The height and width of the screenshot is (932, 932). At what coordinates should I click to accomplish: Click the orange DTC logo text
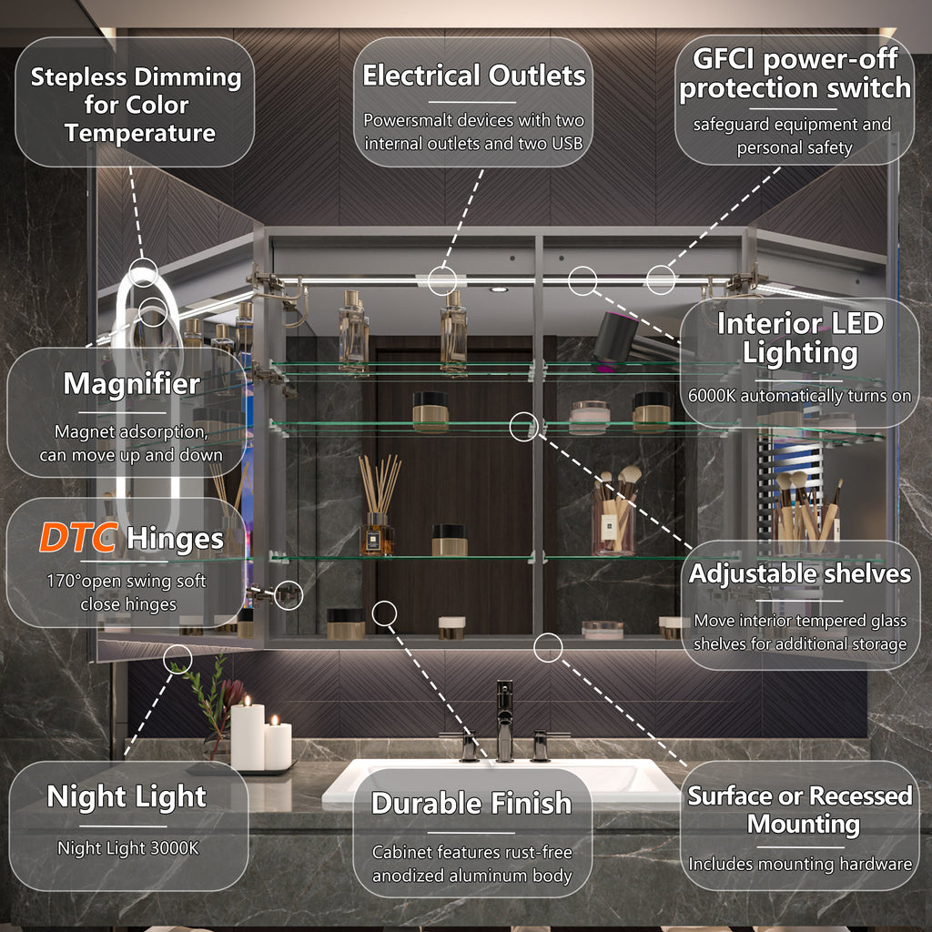pyautogui.click(x=78, y=538)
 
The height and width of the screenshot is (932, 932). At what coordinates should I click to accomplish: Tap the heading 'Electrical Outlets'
pyautogui.click(x=473, y=76)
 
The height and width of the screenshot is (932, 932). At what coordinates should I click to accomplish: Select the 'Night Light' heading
pyautogui.click(x=127, y=796)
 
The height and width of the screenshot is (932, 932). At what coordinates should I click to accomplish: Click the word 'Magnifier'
pyautogui.click(x=131, y=383)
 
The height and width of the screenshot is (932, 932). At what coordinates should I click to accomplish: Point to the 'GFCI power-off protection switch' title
pyautogui.click(x=795, y=74)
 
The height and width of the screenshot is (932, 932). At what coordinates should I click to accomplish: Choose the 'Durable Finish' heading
pyautogui.click(x=471, y=803)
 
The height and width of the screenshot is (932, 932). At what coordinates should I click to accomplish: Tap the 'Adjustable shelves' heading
pyautogui.click(x=799, y=573)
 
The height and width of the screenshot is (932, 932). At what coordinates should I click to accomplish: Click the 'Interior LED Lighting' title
pyautogui.click(x=799, y=338)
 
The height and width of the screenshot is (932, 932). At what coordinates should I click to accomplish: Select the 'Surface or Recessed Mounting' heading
pyautogui.click(x=799, y=809)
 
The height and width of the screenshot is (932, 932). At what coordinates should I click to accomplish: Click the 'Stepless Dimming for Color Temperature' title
pyautogui.click(x=136, y=105)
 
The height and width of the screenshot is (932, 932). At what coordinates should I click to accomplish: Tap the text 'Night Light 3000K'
pyautogui.click(x=127, y=847)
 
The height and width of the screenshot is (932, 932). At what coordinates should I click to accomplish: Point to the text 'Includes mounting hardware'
pyautogui.click(x=799, y=864)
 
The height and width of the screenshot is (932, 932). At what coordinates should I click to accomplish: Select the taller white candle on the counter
pyautogui.click(x=247, y=735)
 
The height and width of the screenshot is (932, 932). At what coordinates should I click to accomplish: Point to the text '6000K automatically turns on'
pyautogui.click(x=799, y=396)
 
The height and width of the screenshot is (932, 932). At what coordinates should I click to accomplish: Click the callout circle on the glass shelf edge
pyautogui.click(x=523, y=425)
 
